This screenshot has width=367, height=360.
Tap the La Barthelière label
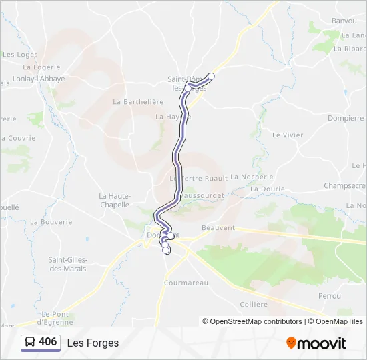[138, 102]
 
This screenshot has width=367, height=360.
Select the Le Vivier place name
[288, 135]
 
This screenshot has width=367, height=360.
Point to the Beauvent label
[218, 228]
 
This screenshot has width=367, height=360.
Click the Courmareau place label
[186, 283]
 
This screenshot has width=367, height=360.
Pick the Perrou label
[330, 296]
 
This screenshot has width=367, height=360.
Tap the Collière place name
[254, 305]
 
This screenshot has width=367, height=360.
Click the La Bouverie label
[51, 221]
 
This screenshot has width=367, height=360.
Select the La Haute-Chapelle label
[114, 201]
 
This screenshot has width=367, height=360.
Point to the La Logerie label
[41, 67]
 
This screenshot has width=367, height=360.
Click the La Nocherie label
[252, 177]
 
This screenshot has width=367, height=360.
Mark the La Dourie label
[267, 189]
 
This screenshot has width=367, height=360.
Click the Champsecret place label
[345, 185]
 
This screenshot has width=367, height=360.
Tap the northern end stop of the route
[212, 76]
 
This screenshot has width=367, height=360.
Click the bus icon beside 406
[30, 343]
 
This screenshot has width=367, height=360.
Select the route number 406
[47, 342]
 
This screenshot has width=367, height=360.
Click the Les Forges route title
[93, 343]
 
